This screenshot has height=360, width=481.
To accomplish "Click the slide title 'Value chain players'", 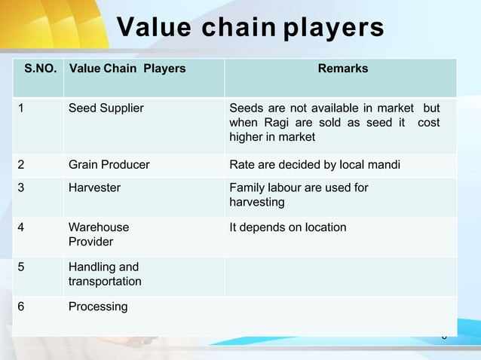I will [250, 29].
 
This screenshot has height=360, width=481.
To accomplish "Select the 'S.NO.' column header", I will [39, 69].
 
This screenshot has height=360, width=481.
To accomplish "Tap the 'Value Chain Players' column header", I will [127, 69].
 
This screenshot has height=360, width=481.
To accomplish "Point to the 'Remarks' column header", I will [343, 69].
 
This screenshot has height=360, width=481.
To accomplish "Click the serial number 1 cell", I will [23, 108].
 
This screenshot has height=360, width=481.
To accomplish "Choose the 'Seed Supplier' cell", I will [106, 108].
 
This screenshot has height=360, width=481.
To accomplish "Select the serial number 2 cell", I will [23, 165].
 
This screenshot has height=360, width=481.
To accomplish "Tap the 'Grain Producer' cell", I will [109, 165].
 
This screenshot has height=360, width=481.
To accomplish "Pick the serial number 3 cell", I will [23, 188].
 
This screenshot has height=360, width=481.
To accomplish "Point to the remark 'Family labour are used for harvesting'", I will [299, 195].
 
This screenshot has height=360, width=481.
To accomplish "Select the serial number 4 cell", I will [23, 227].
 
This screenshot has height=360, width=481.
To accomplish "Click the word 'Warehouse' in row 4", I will [99, 227].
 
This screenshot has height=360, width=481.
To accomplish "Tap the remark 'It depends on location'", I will [288, 227].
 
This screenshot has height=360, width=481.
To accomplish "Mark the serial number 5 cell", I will [23, 267].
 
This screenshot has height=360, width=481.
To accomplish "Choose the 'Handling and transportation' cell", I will [104, 274].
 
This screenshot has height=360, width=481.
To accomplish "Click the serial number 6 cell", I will [23, 307].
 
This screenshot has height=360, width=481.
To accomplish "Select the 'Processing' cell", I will [98, 307].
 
